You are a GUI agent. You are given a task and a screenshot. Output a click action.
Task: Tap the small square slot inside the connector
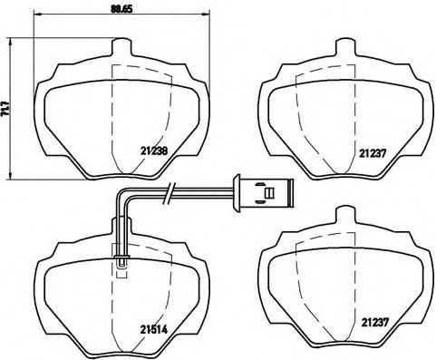(x=266, y=192)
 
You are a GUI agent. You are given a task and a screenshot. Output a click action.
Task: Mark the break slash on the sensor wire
(x=168, y=192)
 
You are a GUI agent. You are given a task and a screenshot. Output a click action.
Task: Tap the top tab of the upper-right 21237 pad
(x=345, y=45)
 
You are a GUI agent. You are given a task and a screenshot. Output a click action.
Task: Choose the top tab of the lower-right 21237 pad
(x=345, y=216)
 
